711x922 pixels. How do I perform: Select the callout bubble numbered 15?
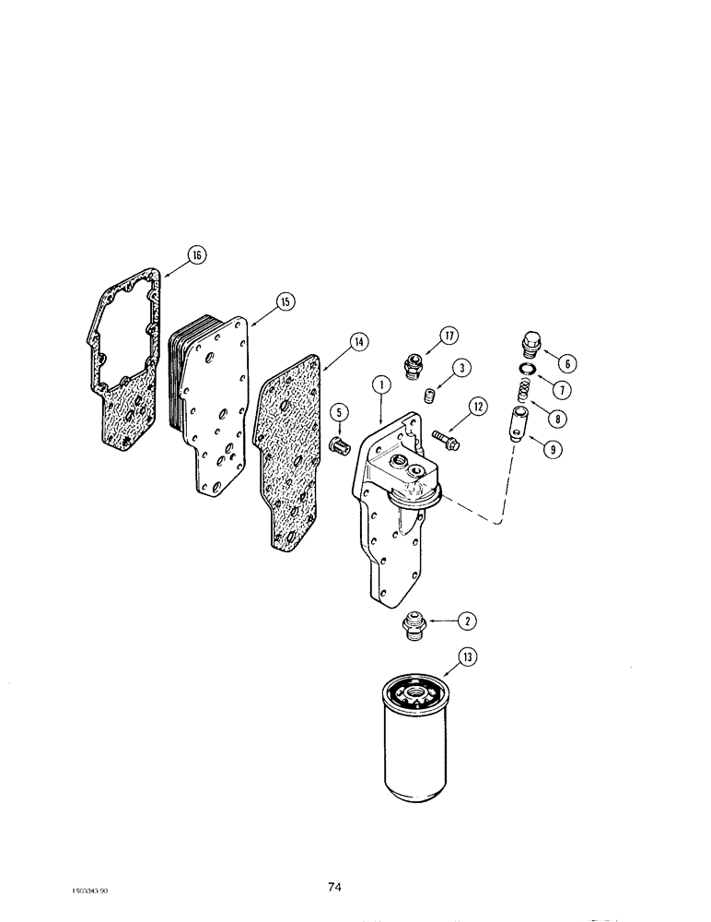pos(284,301)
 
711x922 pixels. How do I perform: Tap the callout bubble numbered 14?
pos(358,342)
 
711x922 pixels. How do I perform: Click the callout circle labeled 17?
pos(449,336)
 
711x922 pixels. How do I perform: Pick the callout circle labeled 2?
pos(468,621)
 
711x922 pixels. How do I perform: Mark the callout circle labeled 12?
pos(476,405)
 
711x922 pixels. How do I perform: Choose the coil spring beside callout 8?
pos(519,392)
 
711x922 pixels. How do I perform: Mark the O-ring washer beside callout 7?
pos(524,371)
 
